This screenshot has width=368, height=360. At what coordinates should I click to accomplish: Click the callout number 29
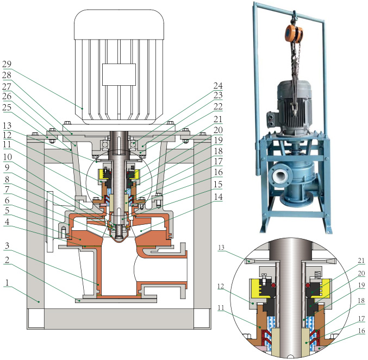7,64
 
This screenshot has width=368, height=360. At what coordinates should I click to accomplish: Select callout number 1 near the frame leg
7,282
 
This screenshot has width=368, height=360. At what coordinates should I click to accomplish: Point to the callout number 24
218,86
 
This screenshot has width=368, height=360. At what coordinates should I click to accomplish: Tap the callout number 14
218,197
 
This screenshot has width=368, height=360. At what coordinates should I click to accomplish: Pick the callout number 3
7,245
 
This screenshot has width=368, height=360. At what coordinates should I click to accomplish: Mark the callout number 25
7,107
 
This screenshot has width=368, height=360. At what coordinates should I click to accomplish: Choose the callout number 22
218,106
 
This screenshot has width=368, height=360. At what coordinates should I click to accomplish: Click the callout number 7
7,189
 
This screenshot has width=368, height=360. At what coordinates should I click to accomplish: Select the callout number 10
7,157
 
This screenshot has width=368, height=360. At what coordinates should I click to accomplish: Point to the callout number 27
7,87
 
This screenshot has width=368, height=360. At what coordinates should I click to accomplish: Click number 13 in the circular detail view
221,248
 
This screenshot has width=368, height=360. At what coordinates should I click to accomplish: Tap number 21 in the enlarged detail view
361,261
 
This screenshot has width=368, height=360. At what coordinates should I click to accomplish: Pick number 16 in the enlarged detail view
361,331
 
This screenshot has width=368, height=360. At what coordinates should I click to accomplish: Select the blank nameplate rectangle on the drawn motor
119,74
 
